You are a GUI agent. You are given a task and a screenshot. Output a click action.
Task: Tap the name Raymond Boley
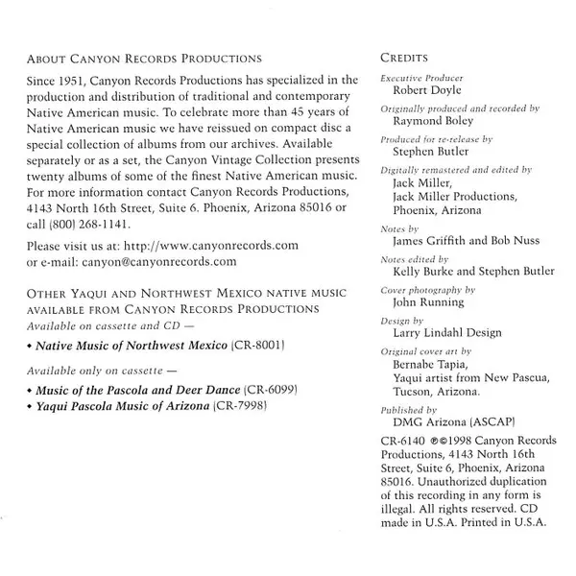(434, 125)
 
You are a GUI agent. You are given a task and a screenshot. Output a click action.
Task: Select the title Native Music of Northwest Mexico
(133, 344)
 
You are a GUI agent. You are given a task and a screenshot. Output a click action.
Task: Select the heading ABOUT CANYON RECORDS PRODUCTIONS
(144, 59)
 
